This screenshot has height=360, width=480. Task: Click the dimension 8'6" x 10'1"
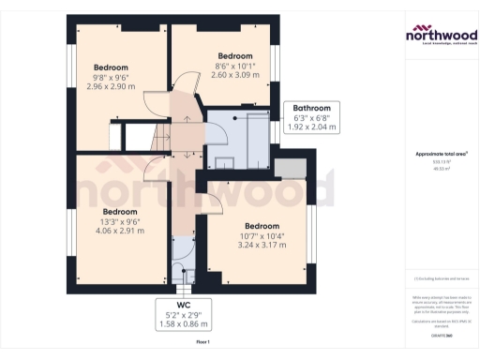[235, 67]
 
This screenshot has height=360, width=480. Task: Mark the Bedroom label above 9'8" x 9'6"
[112, 67]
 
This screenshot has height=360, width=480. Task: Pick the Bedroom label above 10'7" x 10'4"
[262, 226]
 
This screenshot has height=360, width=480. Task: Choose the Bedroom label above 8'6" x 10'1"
[235, 55]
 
